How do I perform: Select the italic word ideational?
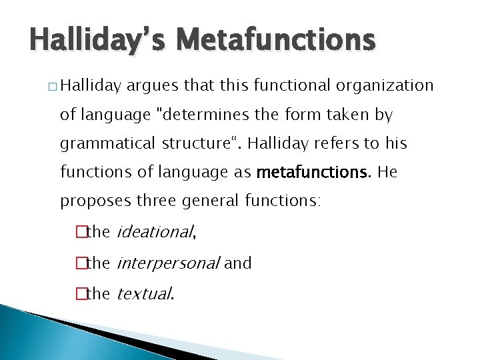coord(155,232)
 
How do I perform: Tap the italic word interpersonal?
coord(168,263)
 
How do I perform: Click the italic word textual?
coord(144,293)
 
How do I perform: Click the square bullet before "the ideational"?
coord(82,233)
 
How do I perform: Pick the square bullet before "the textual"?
coord(82,294)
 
